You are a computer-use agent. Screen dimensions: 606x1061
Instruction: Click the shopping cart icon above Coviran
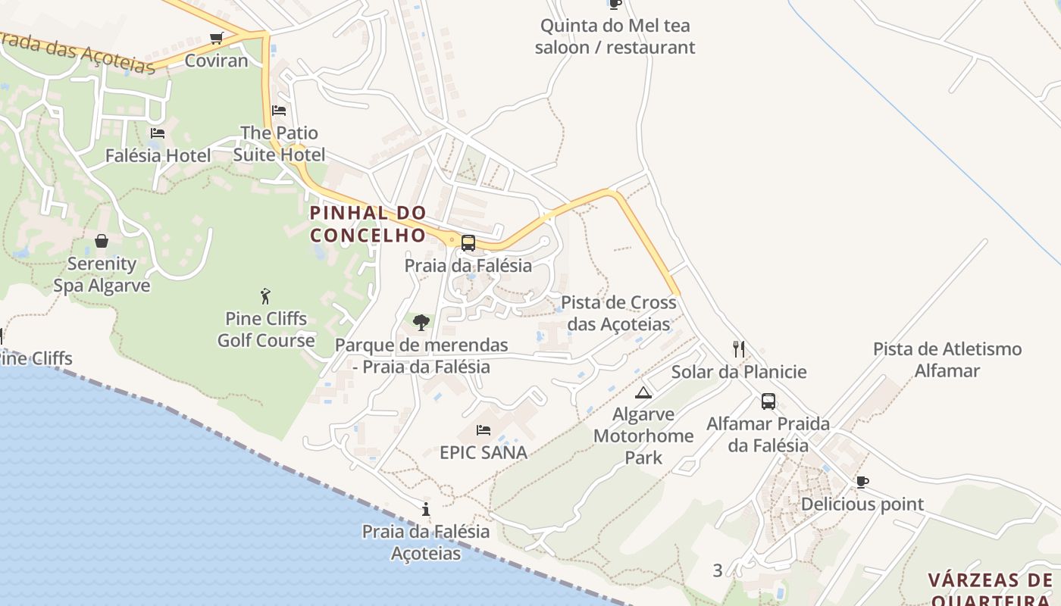click(x=217, y=38)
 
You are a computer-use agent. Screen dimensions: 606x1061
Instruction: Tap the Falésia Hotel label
click(x=158, y=155)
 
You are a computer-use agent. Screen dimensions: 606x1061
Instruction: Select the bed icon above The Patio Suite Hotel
click(x=279, y=111)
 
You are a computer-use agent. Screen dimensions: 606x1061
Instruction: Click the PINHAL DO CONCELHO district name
click(x=368, y=224)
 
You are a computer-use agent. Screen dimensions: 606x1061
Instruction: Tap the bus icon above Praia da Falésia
click(x=468, y=243)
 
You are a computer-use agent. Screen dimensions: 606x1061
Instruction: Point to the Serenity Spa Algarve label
click(x=102, y=275)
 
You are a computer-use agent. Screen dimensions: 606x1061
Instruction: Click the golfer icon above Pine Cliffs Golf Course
click(x=265, y=295)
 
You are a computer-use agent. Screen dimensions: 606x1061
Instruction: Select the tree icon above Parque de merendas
click(x=421, y=323)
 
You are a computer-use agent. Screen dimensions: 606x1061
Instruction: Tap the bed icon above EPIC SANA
click(x=484, y=430)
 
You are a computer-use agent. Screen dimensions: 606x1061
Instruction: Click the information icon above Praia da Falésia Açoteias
click(x=426, y=509)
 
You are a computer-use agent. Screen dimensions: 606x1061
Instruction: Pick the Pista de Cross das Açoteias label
click(x=618, y=313)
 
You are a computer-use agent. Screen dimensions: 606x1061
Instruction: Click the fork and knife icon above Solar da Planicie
click(x=739, y=349)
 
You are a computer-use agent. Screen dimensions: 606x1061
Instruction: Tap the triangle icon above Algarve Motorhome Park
click(x=643, y=392)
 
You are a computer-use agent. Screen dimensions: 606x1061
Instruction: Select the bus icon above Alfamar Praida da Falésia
click(x=768, y=401)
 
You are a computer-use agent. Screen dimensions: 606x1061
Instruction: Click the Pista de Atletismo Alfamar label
click(x=947, y=360)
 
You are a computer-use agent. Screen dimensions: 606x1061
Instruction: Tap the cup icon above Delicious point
click(x=862, y=482)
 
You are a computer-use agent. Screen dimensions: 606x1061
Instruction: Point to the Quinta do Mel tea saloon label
click(x=615, y=36)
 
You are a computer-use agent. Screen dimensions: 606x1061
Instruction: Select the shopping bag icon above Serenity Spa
click(x=102, y=241)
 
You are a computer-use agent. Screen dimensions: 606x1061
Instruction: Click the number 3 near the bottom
click(x=718, y=570)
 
